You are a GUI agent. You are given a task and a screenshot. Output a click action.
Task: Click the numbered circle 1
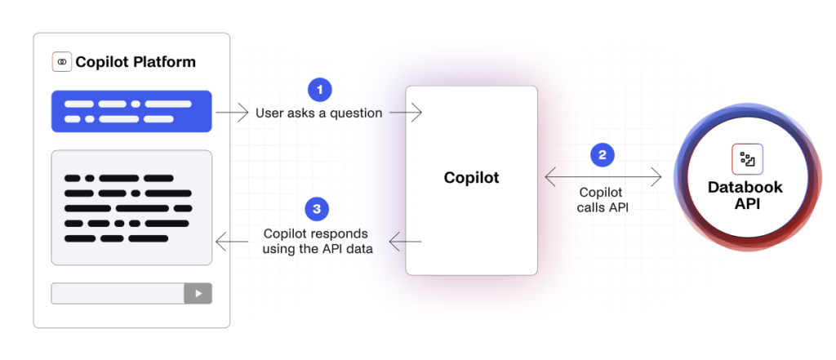click(321, 88)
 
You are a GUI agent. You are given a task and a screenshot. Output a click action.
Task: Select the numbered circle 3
click(317, 210)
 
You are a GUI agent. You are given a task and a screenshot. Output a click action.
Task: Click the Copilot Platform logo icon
click(61, 61)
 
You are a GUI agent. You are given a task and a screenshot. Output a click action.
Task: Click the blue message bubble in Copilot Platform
click(131, 111)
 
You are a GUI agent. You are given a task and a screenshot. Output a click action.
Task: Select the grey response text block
click(131, 207)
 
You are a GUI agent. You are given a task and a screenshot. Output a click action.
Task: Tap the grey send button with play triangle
click(198, 293)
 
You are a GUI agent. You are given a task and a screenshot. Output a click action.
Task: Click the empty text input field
click(118, 293)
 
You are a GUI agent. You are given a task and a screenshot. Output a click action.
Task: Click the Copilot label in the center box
click(471, 177)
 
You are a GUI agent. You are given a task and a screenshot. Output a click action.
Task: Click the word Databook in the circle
click(745, 188)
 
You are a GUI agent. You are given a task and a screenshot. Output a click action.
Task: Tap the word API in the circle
click(745, 203)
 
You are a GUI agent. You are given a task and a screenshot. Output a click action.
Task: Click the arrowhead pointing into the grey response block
click(220, 242)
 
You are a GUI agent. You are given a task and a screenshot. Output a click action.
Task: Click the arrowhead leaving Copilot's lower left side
click(394, 242)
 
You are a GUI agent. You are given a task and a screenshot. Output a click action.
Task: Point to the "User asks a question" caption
click(319, 113)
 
